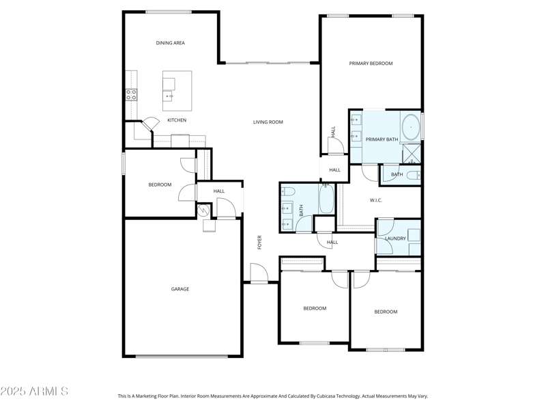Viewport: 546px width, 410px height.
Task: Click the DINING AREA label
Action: [170, 43]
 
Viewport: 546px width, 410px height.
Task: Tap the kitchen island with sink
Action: [177, 90]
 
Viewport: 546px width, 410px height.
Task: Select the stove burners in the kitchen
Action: [130, 95]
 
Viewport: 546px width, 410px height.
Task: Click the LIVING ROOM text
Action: [268, 122]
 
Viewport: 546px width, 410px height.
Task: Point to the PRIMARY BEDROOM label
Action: [371, 64]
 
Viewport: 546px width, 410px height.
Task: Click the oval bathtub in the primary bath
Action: [410, 127]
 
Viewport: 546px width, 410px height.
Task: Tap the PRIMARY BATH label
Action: [382, 139]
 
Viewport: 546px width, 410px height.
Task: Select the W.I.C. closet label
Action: [375, 200]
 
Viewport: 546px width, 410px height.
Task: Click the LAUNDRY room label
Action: [395, 238]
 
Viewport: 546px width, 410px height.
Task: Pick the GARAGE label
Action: [180, 289]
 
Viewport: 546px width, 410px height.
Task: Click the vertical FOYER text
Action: [259, 242]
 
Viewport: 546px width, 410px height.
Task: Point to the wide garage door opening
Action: [182, 356]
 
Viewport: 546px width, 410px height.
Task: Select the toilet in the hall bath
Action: [287, 191]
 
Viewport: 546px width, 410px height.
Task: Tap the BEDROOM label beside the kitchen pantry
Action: [160, 184]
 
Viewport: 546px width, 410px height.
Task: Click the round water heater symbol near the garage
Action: [203, 211]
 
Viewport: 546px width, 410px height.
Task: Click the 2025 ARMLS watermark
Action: [34, 392]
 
